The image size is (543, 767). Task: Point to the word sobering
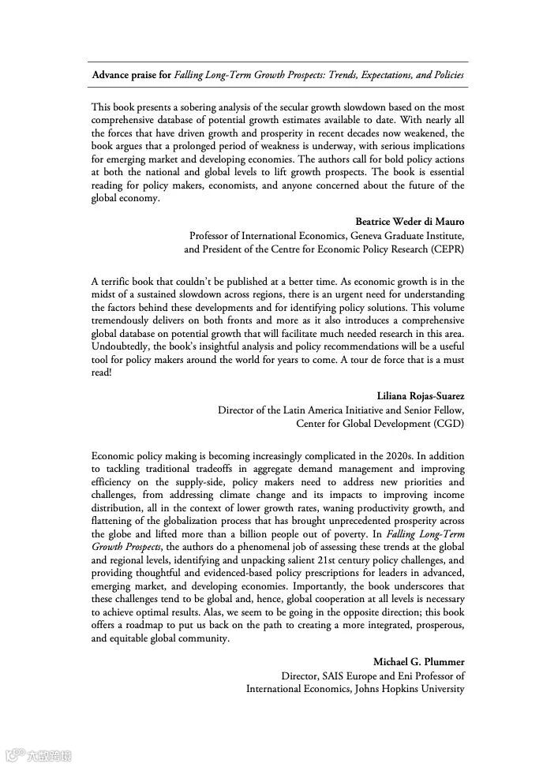183,107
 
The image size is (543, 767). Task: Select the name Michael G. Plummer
419,661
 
